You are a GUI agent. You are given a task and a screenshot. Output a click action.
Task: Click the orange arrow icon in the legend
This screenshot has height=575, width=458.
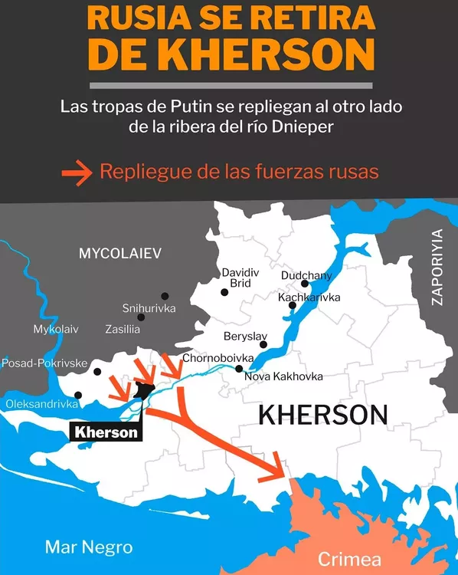tap(76, 172)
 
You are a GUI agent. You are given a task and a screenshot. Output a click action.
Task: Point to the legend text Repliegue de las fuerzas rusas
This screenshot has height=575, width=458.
tap(239, 172)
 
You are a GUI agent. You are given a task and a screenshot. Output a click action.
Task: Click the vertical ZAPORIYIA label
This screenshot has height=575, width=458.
tap(437, 268)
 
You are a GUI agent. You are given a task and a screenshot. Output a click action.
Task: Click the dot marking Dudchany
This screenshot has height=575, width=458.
tap(304, 284)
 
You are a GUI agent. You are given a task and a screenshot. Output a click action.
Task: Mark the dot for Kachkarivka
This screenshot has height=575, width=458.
tap(292, 306)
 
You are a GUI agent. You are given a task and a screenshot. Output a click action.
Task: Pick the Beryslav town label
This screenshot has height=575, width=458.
tap(244, 337)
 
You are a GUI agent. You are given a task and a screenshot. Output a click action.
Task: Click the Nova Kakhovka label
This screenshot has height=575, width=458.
tap(283, 376)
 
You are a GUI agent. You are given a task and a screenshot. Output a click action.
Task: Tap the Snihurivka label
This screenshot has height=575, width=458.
tap(149, 308)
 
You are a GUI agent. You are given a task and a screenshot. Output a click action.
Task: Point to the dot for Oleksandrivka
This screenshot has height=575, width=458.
tap(78, 396)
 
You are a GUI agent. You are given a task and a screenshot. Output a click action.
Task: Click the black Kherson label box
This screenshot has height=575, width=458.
tap(106, 432)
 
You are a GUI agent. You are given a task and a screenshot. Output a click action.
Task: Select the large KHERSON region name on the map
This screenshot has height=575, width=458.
tap(322, 416)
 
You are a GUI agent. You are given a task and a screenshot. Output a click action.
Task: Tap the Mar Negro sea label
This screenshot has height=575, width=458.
tap(89, 547)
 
